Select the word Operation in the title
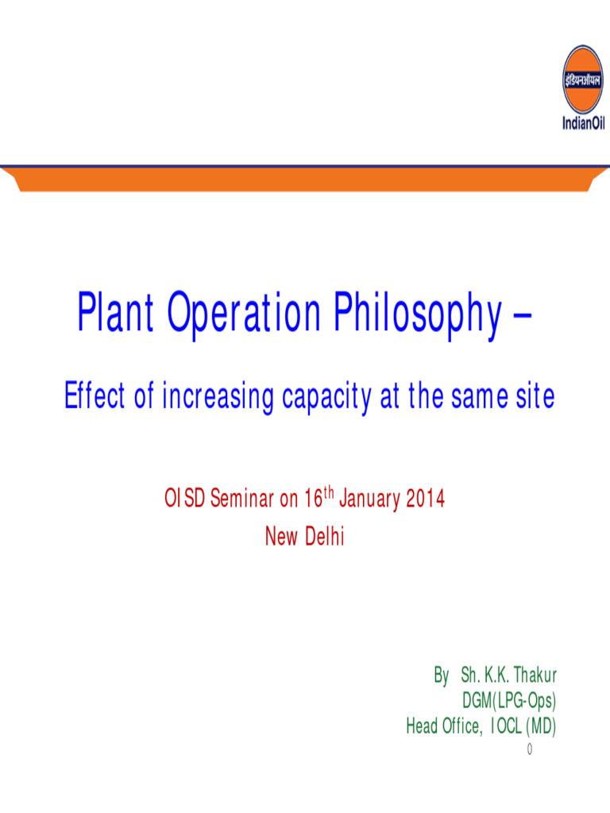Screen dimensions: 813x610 (x=244, y=314)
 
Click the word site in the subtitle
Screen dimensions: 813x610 (x=535, y=397)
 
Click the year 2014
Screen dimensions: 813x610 (x=425, y=499)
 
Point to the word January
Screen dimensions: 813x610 (x=371, y=499)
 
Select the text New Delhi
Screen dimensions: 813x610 (x=304, y=538)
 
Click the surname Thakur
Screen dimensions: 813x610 (x=535, y=676)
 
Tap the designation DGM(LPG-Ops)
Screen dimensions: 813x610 (x=509, y=701)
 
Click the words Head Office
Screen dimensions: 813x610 (x=443, y=726)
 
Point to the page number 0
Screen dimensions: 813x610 (x=529, y=749)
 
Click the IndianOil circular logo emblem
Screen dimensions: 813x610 (x=583, y=78)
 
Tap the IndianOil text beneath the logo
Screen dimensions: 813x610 (x=583, y=123)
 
